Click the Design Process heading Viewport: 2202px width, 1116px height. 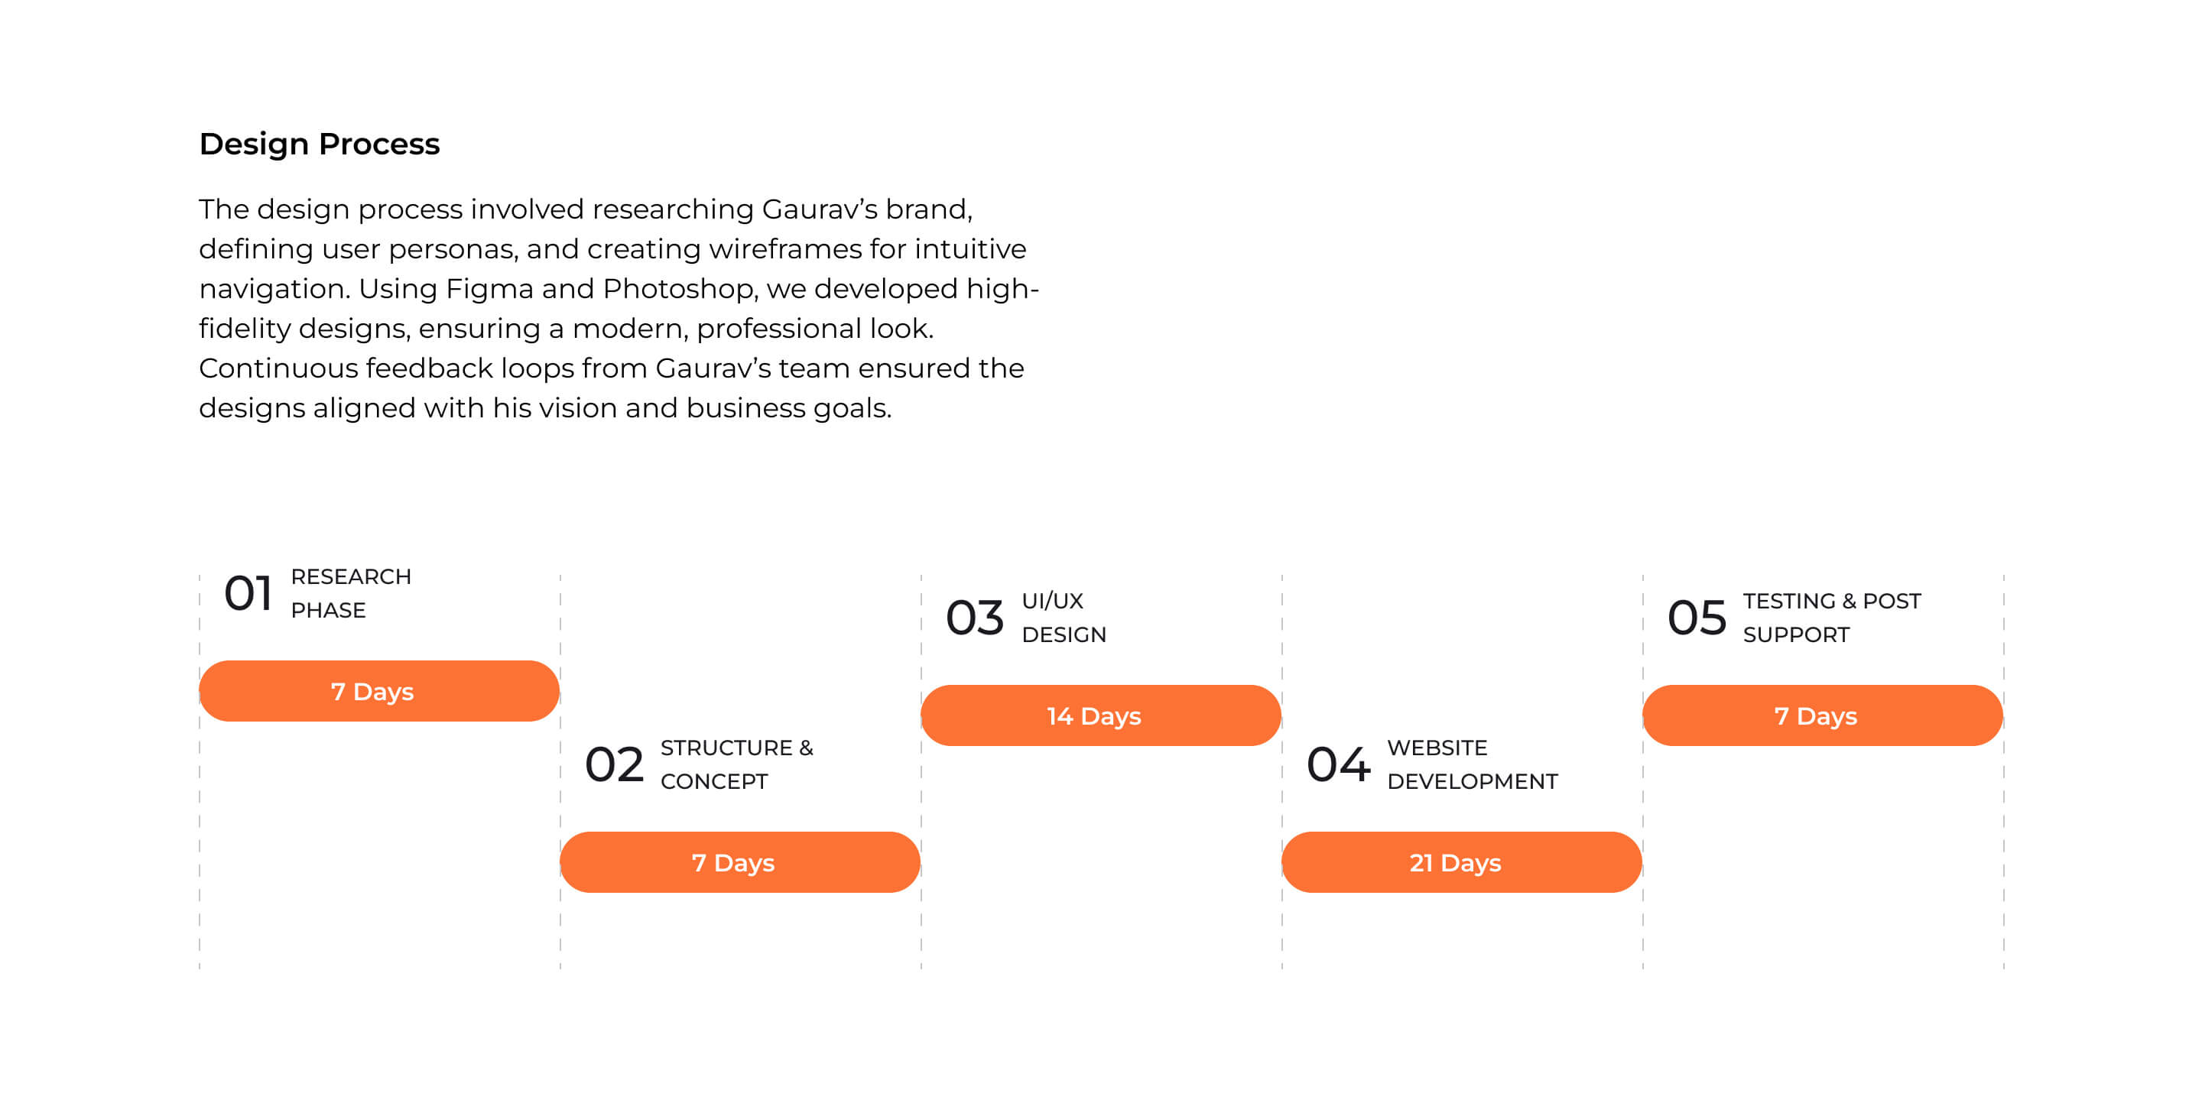point(319,144)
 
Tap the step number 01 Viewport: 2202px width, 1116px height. point(248,593)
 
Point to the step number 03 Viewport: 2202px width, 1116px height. point(975,617)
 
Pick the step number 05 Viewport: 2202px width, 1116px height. point(1697,617)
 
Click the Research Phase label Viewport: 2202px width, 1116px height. point(350,593)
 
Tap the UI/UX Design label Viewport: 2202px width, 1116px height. point(1064,617)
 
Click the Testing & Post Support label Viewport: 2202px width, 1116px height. point(1831,617)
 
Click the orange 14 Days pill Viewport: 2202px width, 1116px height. point(1100,715)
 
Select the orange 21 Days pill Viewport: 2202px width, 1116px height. point(1461,862)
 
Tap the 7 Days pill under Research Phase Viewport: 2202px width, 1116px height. point(378,690)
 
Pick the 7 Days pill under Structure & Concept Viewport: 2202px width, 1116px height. point(739,862)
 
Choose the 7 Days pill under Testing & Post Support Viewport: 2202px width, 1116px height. point(1821,715)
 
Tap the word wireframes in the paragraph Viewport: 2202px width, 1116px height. point(784,248)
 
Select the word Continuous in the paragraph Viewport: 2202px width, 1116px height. point(278,368)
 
